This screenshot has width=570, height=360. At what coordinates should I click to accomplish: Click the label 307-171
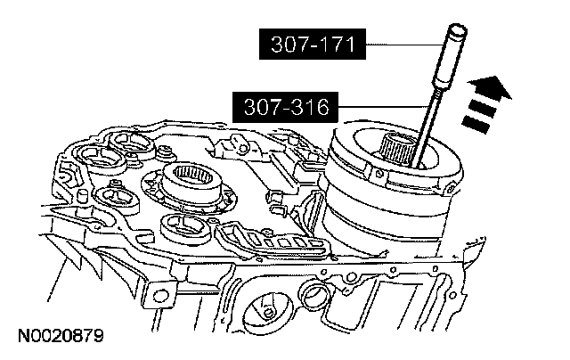click(x=313, y=44)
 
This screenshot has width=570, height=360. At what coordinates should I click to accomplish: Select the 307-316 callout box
click(x=285, y=107)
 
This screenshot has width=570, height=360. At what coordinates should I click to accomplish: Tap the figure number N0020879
click(x=61, y=336)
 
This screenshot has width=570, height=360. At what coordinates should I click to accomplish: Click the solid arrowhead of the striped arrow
click(x=490, y=88)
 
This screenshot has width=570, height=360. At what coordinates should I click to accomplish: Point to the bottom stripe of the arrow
click(x=476, y=125)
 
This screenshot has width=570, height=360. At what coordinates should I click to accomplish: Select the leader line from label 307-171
click(x=404, y=45)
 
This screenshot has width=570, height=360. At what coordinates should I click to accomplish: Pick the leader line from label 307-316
click(x=383, y=107)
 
